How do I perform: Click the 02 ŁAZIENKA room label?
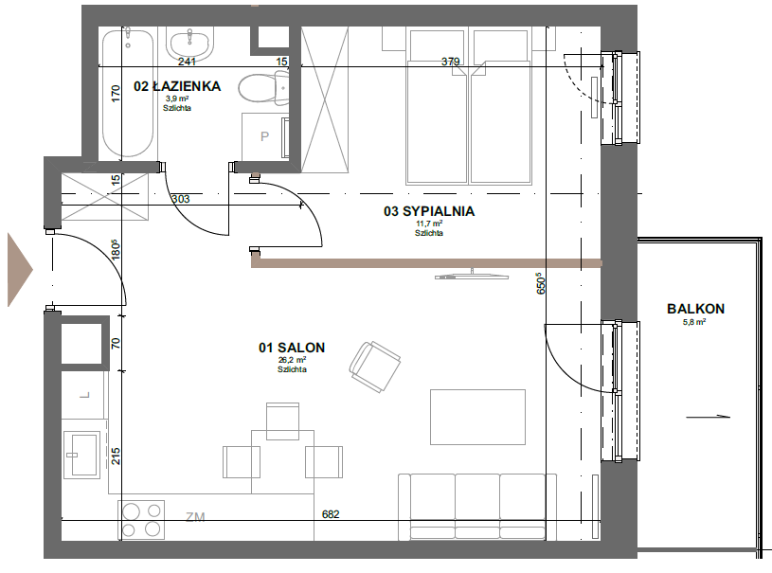point(177,86)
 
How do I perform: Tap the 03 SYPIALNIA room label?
point(429,211)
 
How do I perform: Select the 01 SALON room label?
point(292,348)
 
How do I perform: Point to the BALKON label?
point(695,309)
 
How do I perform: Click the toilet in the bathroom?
point(264,88)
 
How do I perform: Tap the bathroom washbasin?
point(190,44)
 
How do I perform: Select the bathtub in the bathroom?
point(128,93)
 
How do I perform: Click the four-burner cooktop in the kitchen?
point(141,520)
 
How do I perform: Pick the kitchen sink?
point(81,454)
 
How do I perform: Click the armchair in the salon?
point(375,367)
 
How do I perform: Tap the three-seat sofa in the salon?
point(477,507)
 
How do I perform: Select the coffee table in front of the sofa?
point(477,417)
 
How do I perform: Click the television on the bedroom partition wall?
point(471,275)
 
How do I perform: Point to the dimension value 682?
point(331,514)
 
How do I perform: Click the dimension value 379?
point(451,62)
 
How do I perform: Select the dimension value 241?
point(187,62)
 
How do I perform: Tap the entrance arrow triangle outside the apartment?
point(20,270)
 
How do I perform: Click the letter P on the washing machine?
point(264,136)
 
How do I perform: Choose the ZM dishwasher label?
point(195,517)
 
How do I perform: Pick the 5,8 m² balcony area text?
point(694,322)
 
